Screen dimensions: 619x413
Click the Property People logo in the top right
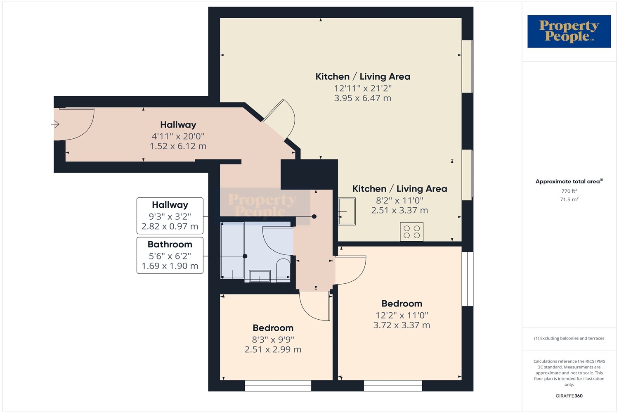point(569,31)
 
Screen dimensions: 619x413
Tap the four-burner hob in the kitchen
point(411,232)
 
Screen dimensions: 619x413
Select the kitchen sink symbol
point(347,211)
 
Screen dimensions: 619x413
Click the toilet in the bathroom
point(283,270)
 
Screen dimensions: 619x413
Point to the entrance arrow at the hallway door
point(55,124)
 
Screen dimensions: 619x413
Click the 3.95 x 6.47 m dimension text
point(363,98)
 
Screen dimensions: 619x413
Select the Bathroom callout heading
point(170,244)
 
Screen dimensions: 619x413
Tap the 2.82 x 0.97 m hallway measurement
point(170,226)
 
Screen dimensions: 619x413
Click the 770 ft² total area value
point(569,191)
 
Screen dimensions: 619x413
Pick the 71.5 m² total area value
point(569,199)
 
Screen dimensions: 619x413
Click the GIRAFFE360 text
point(569,396)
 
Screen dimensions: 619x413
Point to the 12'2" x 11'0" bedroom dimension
point(402,316)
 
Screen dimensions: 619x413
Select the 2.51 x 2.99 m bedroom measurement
point(273,349)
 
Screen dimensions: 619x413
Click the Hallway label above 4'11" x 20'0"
point(178,125)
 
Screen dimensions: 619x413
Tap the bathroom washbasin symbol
point(260,276)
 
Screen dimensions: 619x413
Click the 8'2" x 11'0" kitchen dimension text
point(399,200)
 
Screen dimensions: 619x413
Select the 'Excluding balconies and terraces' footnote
point(569,338)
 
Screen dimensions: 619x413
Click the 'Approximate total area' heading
point(569,181)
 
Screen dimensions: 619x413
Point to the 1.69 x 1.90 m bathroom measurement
point(170,266)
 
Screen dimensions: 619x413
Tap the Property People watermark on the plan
point(262,205)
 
